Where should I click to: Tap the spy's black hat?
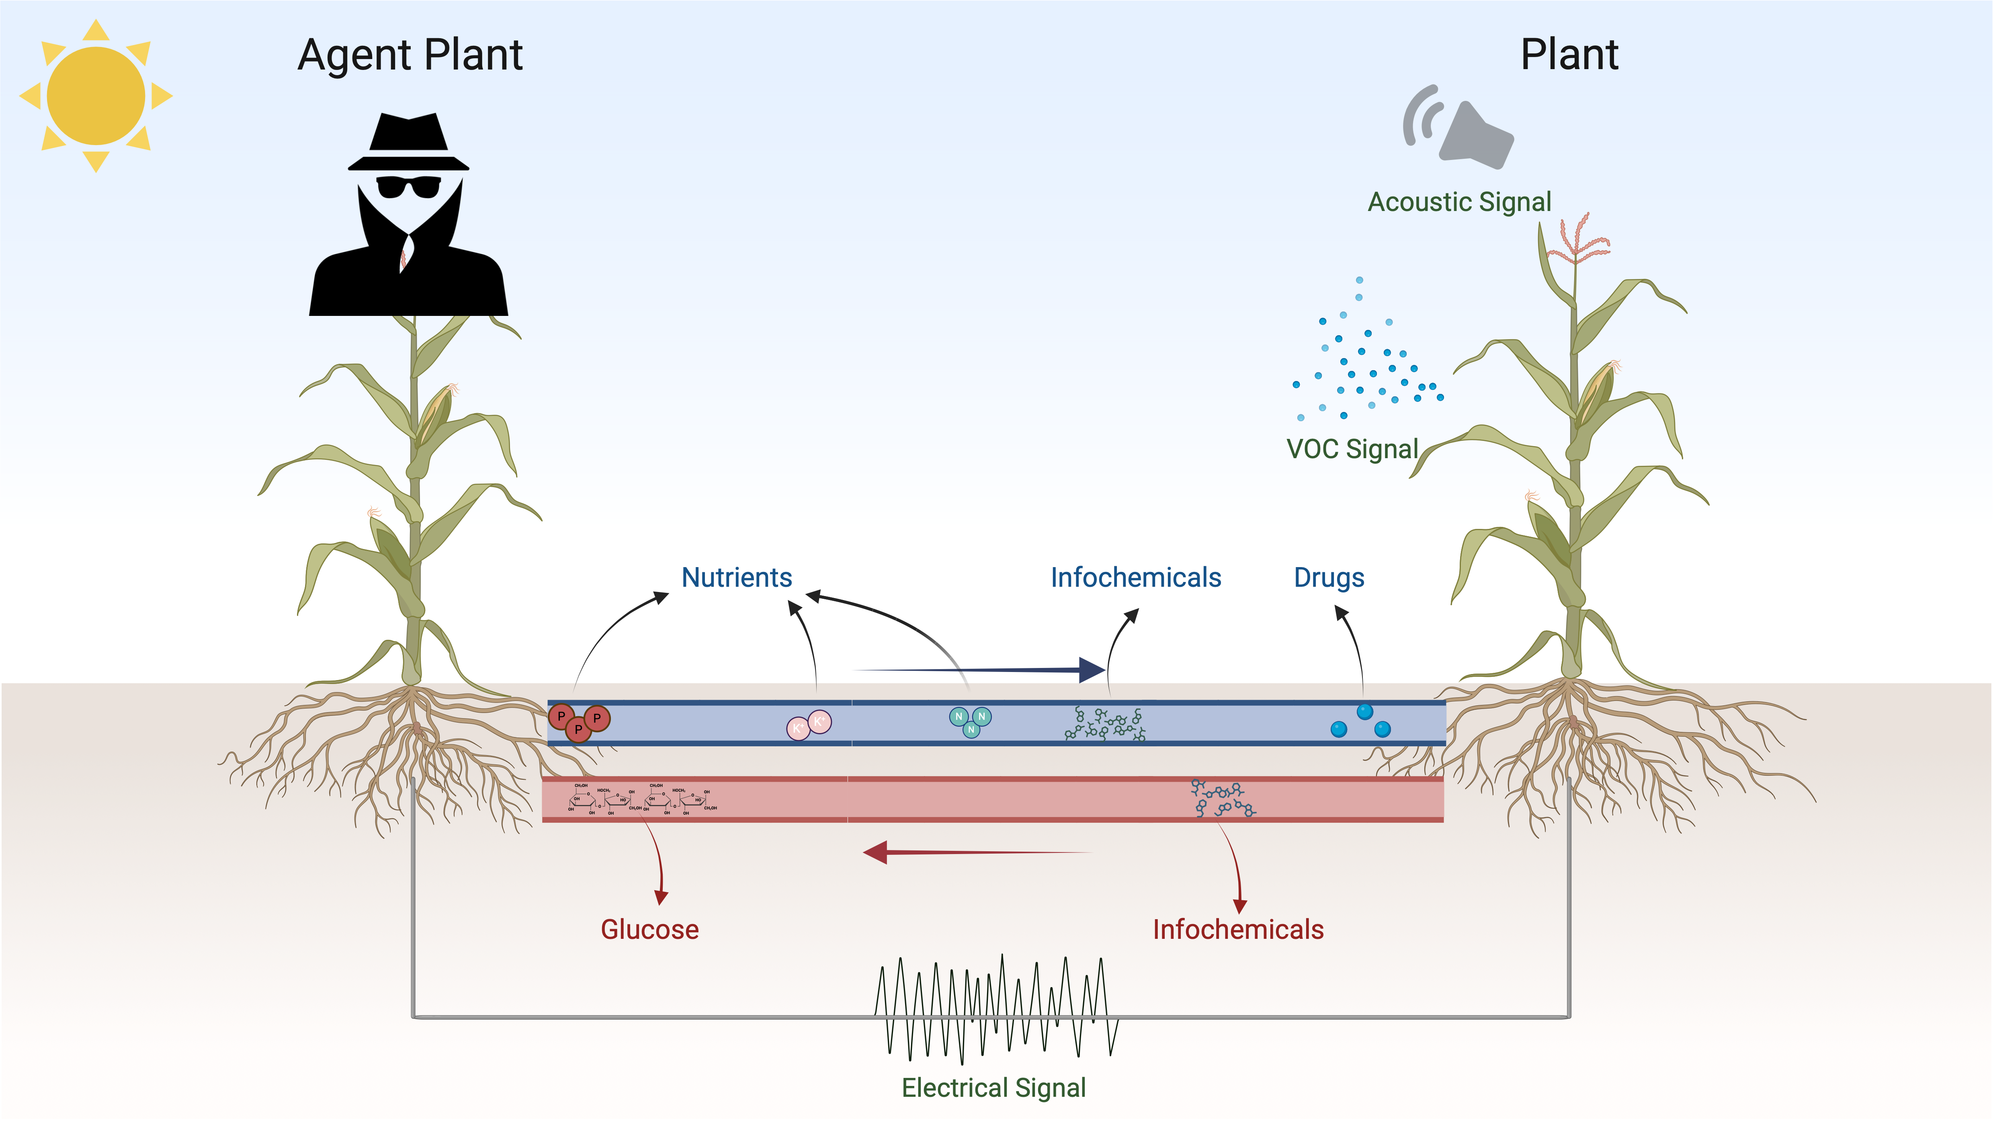pos(408,141)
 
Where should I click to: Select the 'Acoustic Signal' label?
pos(1459,202)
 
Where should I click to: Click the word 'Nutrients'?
pos(736,577)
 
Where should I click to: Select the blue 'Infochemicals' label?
pos(1135,577)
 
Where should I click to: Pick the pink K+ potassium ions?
pos(809,724)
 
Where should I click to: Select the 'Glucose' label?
pos(649,929)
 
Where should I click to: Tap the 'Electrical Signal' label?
pos(993,1088)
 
